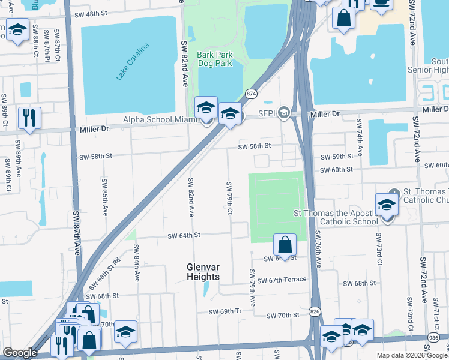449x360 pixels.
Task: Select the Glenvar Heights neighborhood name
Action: coord(202,271)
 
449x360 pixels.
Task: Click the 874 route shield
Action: coord(251,94)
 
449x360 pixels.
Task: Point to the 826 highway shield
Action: coord(315,311)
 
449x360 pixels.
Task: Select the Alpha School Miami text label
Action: coord(160,119)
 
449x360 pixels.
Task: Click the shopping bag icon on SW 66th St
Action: coord(285,245)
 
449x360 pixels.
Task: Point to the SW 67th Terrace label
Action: coord(282,280)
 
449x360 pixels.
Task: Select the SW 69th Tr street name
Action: coord(224,312)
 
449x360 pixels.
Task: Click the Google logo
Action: coord(20,353)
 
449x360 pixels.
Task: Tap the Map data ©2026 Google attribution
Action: coord(412,355)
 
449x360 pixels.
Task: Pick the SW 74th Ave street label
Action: coord(359,137)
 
